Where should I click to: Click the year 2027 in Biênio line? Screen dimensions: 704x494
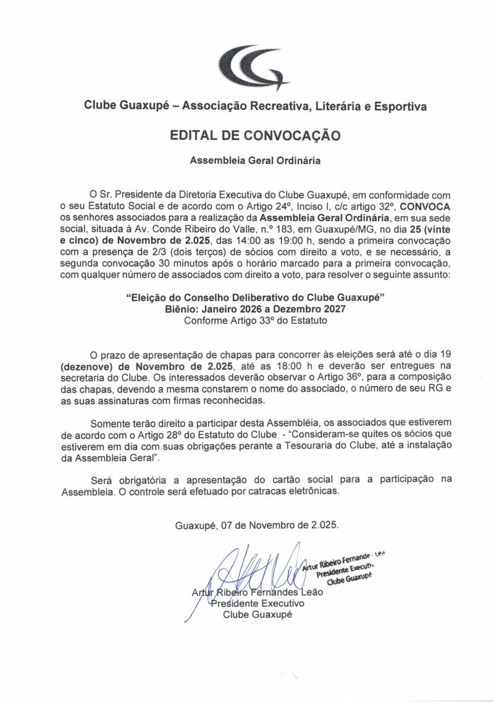[328, 309]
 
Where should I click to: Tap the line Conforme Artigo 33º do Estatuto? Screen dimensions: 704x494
[255, 321]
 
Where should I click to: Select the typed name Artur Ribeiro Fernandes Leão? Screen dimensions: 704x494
[257, 592]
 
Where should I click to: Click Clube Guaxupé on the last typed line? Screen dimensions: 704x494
[257, 615]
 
